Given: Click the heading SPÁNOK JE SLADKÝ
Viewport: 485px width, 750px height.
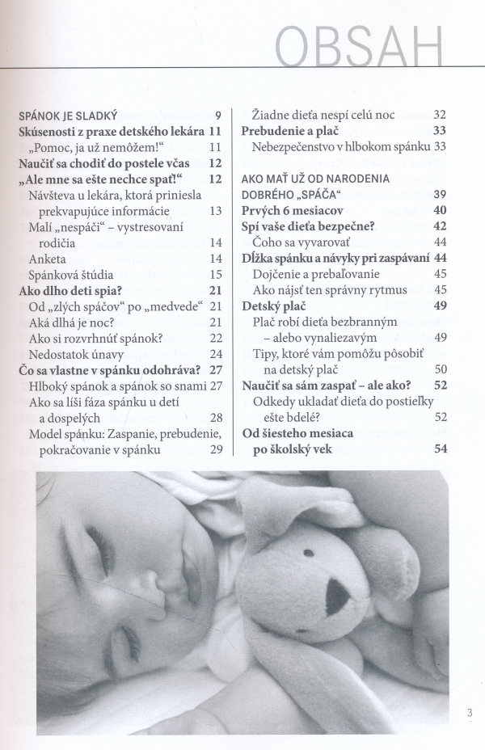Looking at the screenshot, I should point(69,114).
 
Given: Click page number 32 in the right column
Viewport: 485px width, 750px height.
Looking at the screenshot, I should point(441,114).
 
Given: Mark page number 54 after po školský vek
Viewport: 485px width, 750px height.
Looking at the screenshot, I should point(441,450).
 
